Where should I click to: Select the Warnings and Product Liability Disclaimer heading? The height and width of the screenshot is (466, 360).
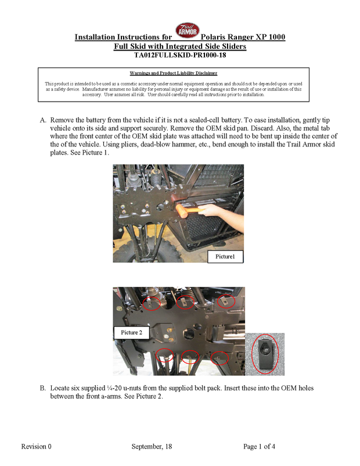coord(174,73)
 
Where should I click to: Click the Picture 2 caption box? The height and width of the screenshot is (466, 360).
coord(132,332)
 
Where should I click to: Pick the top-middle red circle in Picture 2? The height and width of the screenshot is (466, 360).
coord(185,302)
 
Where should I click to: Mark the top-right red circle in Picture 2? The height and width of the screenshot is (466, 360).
coord(226,302)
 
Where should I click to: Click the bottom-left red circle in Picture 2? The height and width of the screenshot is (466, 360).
coord(165,357)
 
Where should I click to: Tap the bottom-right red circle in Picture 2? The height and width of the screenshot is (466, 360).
coord(220,357)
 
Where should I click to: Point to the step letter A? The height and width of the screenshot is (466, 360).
coord(43,119)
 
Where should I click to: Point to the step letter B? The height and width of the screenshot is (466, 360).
coord(43,387)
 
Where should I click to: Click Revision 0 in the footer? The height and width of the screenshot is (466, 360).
coord(37,446)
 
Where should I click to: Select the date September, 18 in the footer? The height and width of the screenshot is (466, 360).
coord(152,446)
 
